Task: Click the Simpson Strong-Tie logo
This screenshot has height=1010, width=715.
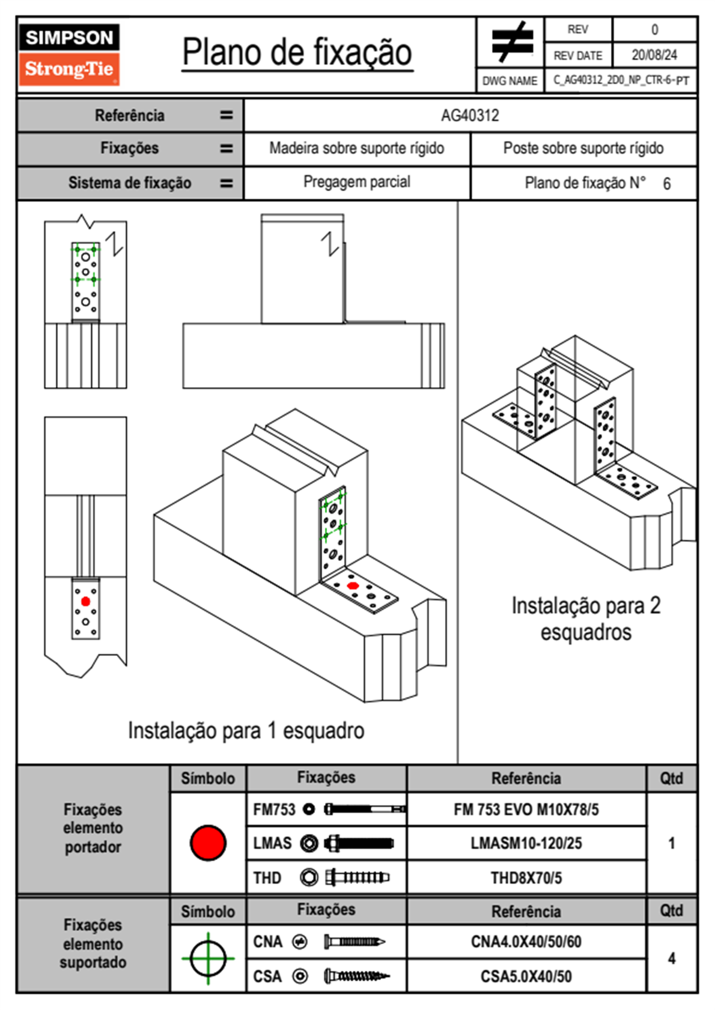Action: [69, 55]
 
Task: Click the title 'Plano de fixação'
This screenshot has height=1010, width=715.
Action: [297, 52]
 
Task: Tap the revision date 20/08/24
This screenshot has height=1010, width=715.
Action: [654, 55]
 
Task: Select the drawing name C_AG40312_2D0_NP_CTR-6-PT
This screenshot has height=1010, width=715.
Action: [621, 80]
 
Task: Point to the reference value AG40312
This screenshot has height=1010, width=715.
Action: [470, 115]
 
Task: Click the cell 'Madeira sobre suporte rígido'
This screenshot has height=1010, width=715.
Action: [356, 148]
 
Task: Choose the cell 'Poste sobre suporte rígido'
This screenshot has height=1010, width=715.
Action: [583, 148]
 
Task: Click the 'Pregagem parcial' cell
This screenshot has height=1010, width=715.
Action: [356, 182]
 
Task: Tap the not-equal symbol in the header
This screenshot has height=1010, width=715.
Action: [511, 43]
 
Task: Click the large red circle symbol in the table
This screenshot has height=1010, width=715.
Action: [208, 842]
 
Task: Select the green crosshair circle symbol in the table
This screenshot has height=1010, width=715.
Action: [208, 958]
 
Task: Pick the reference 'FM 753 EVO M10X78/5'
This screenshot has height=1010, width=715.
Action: [526, 809]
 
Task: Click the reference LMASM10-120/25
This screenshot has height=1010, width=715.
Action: [526, 843]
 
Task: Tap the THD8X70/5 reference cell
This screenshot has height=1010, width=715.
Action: [526, 878]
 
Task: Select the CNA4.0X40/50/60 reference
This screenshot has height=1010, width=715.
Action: [526, 942]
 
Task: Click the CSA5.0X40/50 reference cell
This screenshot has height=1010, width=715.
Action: [526, 976]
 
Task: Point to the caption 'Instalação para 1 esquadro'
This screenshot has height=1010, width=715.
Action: [246, 731]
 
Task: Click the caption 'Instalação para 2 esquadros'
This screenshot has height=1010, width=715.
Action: [586, 618]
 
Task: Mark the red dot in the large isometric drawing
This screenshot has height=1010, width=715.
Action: [353, 585]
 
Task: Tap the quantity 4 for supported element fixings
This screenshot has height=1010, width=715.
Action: [671, 958]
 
